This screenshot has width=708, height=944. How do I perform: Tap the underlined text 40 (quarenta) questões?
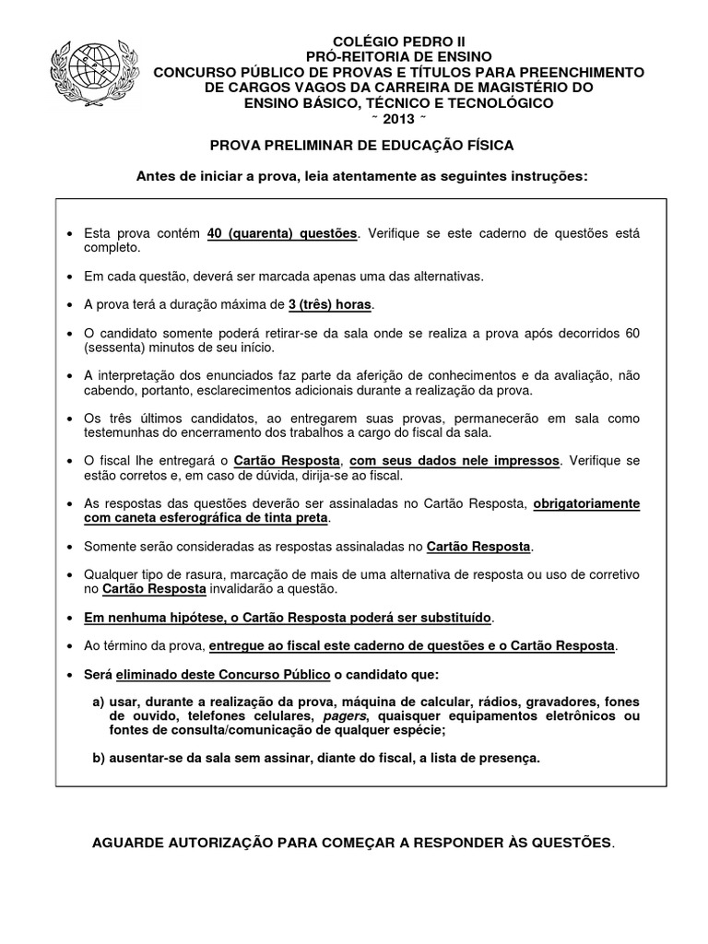click(282, 234)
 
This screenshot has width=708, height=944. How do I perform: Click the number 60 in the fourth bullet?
click(631, 332)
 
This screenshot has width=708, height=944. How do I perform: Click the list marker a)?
click(99, 700)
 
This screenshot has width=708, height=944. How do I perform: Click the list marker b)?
click(99, 758)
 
